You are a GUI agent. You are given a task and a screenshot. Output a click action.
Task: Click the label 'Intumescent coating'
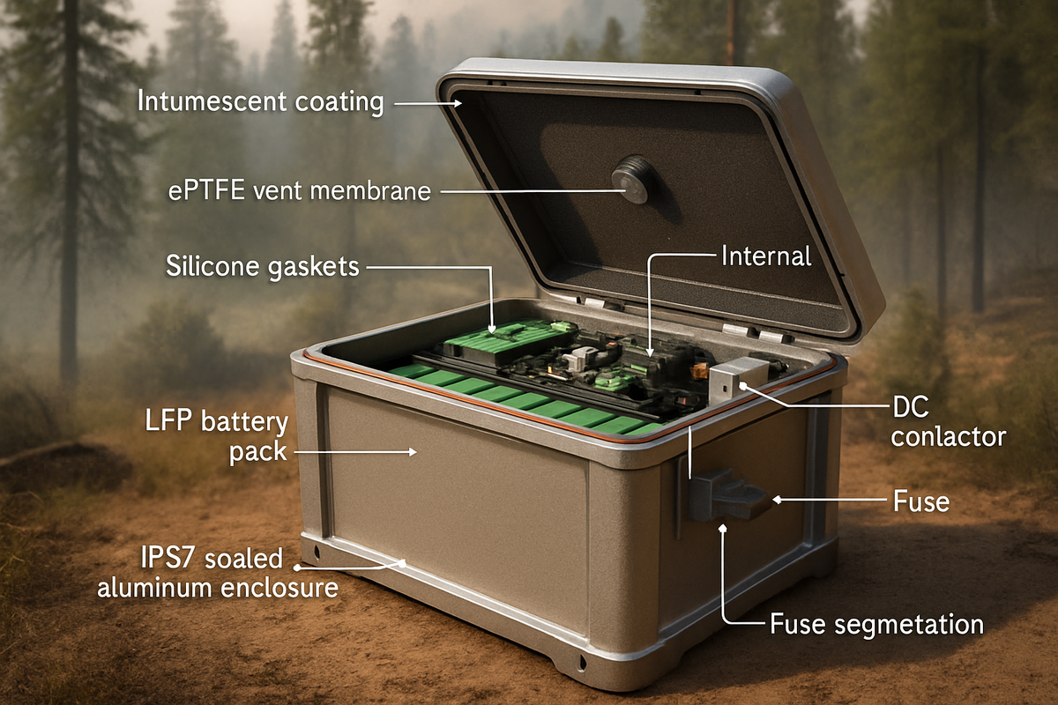point(260,101)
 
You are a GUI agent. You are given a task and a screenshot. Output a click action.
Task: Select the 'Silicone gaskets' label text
point(262,265)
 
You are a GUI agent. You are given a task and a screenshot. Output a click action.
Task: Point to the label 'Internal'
point(765,256)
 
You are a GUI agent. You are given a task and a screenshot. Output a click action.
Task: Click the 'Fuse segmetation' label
point(876,625)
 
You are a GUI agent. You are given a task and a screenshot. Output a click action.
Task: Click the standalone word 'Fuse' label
point(920,501)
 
